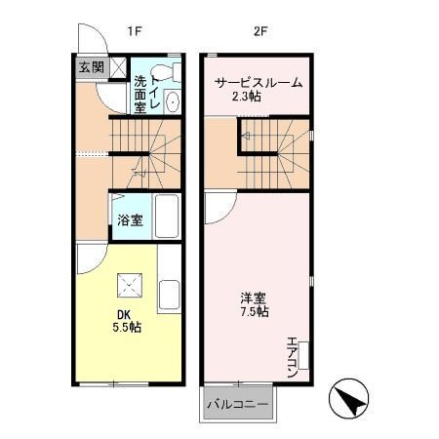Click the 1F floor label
135,31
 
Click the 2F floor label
260,31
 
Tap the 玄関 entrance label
91,68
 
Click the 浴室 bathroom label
130,219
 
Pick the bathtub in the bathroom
166,217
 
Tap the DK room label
124,313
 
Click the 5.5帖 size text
128,328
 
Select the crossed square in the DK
130,286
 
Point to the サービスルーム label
259,82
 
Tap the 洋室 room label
257,298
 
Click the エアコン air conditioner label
292,356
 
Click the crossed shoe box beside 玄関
116,68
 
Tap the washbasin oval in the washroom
173,101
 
